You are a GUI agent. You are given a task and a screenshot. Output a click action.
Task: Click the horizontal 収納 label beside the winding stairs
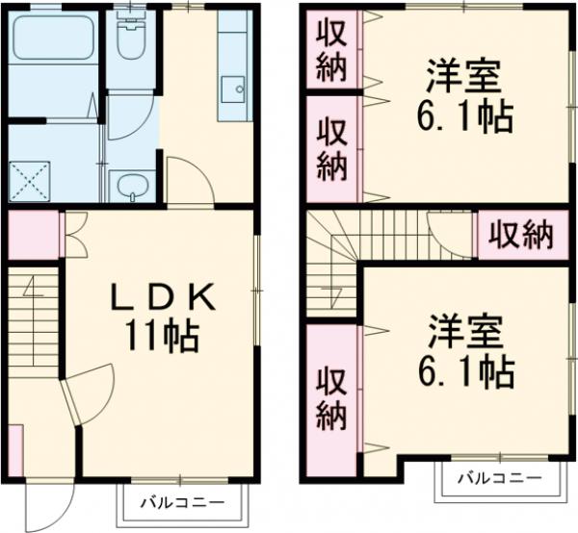518,234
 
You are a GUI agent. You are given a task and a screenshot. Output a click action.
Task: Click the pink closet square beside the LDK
30,237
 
